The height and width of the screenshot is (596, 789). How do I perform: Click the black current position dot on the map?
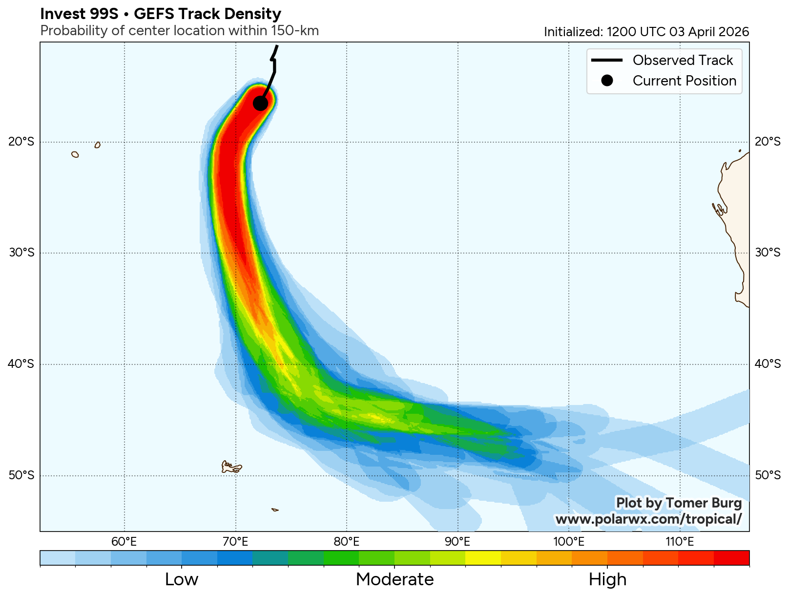(260, 103)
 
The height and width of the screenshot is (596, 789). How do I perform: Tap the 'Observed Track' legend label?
(683, 60)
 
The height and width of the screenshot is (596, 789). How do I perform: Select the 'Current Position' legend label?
(684, 81)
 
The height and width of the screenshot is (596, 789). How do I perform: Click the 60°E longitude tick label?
(124, 541)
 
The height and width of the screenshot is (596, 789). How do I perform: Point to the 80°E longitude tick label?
(347, 541)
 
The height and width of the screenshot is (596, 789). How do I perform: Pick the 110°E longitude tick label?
(680, 541)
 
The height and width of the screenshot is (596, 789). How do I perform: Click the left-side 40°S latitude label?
(22, 364)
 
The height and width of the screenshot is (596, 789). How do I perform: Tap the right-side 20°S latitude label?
(768, 142)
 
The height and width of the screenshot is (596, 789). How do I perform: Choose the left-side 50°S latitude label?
(22, 475)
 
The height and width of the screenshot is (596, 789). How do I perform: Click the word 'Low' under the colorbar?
(182, 579)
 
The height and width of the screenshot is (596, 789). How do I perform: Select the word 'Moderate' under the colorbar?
(394, 579)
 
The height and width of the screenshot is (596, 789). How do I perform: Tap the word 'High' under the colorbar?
(607, 579)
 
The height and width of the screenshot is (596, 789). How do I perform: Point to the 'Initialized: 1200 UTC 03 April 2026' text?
(646, 32)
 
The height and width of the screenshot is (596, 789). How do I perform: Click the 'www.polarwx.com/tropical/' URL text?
(648, 519)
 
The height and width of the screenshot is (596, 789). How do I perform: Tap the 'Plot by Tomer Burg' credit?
(679, 503)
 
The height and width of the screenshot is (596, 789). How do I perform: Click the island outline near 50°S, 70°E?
(231, 467)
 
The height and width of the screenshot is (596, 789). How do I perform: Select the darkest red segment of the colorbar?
(731, 557)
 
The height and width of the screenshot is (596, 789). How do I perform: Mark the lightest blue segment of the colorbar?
(58, 557)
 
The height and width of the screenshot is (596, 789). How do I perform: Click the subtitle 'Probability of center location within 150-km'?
(179, 31)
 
